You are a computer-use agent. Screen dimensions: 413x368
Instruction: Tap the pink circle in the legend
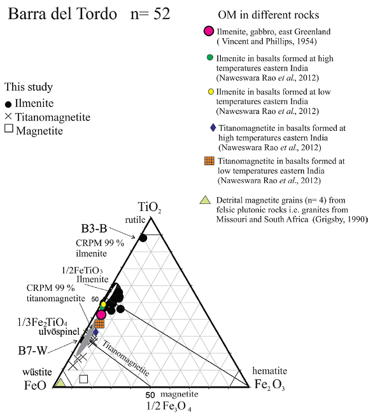(208, 30)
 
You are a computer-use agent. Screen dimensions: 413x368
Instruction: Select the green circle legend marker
(209, 58)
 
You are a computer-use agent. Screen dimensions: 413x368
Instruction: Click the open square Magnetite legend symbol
(8, 130)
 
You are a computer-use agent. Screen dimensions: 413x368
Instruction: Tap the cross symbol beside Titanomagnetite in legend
(8, 117)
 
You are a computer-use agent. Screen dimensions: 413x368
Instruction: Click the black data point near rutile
(143, 238)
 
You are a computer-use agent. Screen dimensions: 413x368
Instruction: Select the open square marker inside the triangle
(83, 379)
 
